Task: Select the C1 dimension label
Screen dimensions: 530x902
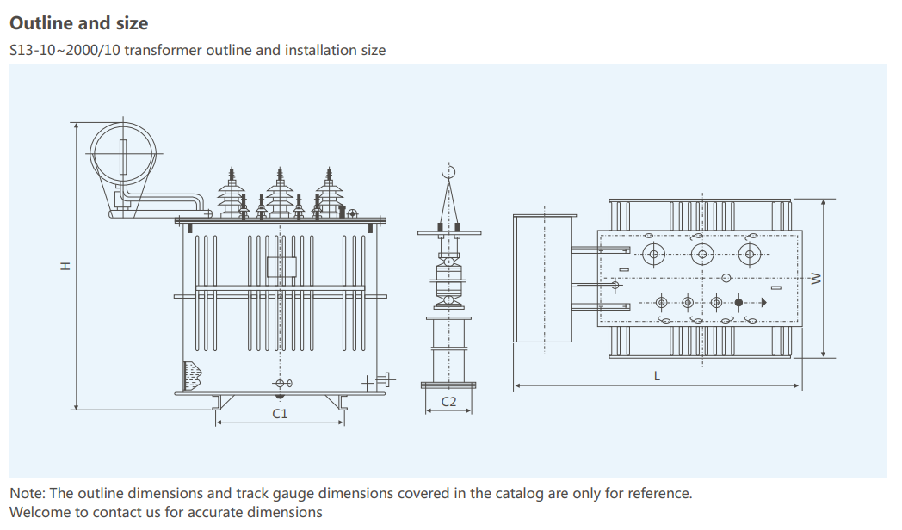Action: [x=280, y=414]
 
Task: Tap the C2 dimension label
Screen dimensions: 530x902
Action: [x=448, y=402]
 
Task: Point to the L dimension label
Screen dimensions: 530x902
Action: [x=658, y=376]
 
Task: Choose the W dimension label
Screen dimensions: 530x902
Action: [x=817, y=278]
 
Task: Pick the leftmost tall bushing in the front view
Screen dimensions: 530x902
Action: [x=231, y=194]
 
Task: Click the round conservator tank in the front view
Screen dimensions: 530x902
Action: [x=123, y=152]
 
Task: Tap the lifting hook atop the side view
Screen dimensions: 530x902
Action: [x=448, y=174]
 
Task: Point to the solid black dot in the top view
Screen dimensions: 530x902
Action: [x=738, y=302]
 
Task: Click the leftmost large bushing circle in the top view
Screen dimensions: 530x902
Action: [x=654, y=253]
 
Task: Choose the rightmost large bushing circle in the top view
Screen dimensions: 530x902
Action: [x=751, y=253]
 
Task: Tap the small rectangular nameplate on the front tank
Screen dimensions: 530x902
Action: [x=281, y=266]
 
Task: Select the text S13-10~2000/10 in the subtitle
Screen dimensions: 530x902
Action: [x=65, y=50]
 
